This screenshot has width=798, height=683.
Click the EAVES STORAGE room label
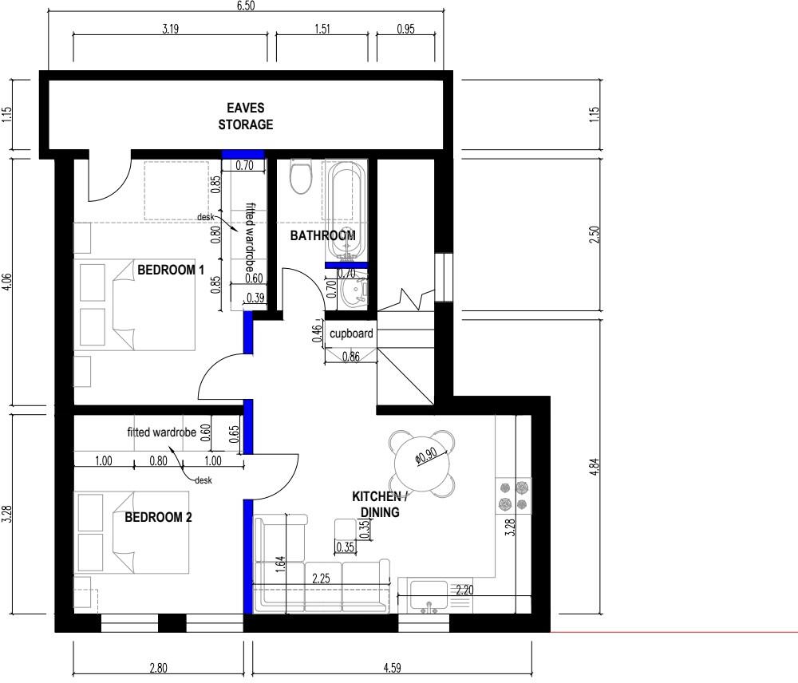(246, 116)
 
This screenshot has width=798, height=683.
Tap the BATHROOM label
(322, 236)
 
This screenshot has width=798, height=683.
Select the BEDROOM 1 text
(172, 270)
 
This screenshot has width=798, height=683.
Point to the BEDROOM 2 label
(158, 518)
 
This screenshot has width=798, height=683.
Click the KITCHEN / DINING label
(380, 505)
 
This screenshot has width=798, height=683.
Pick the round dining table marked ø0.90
(423, 462)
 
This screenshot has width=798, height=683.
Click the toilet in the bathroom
(301, 177)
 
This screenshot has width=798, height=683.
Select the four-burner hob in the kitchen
(514, 495)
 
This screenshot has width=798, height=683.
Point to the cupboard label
(352, 334)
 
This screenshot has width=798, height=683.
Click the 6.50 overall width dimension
(246, 6)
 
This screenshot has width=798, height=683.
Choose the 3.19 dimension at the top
(170, 30)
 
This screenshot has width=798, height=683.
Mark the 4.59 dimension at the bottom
(393, 669)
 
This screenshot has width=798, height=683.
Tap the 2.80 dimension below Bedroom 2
(158, 669)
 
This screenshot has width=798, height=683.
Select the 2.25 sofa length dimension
(322, 578)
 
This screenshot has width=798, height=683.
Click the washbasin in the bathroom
(350, 293)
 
